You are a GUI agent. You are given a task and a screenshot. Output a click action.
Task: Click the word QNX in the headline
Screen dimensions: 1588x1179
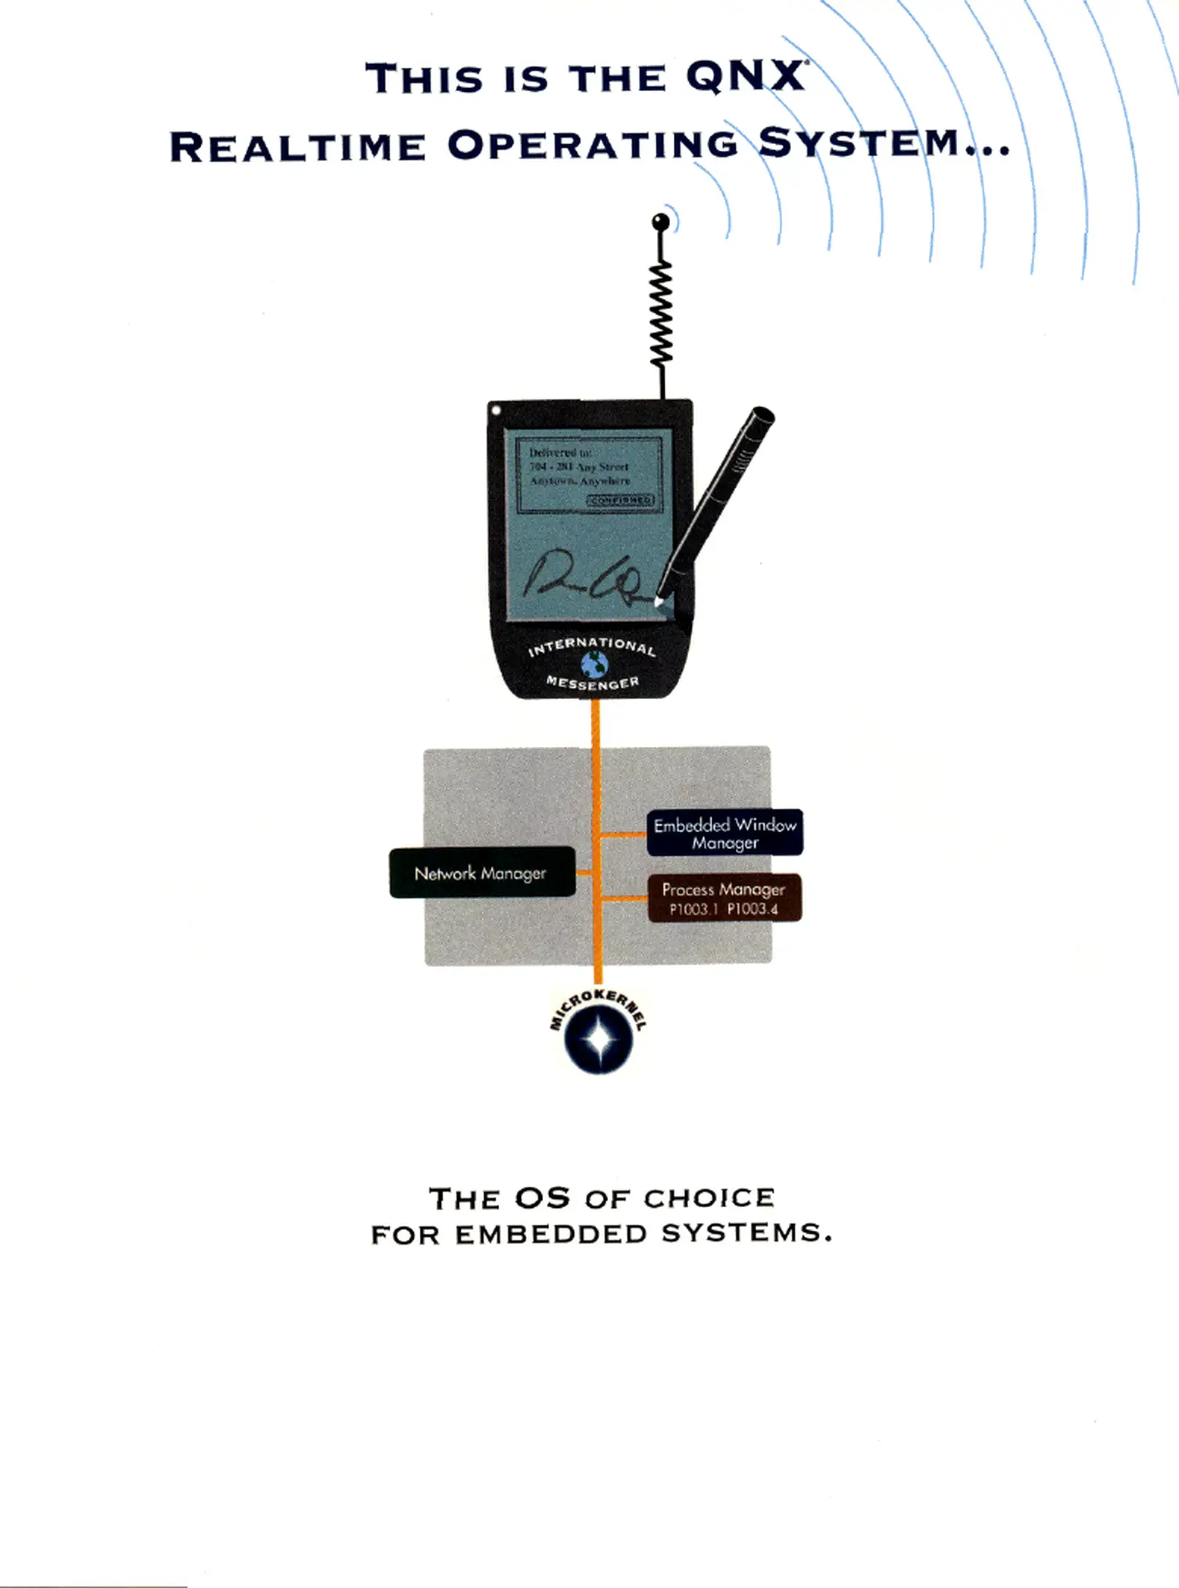click(744, 78)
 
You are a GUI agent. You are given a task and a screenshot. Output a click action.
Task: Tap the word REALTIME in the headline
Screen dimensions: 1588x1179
click(298, 146)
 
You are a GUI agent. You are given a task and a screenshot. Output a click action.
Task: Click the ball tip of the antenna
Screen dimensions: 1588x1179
click(661, 221)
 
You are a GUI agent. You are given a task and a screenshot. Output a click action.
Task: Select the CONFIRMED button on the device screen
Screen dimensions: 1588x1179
click(620, 500)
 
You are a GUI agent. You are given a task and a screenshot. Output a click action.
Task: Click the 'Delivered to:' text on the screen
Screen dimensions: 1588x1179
click(560, 453)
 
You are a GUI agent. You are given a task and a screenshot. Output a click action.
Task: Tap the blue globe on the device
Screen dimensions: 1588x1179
click(595, 665)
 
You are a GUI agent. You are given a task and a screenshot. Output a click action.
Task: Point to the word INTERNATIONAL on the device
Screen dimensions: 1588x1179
click(592, 646)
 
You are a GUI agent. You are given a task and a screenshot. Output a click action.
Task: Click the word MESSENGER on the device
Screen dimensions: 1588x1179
click(592, 683)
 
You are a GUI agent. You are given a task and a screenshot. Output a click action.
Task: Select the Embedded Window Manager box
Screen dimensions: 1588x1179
click(725, 833)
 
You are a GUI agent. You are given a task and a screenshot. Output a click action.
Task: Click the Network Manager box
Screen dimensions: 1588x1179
click(481, 873)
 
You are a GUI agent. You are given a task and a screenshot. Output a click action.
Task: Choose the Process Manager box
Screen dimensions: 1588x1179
click(724, 898)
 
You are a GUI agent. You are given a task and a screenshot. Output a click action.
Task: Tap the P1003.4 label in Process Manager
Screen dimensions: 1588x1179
click(753, 909)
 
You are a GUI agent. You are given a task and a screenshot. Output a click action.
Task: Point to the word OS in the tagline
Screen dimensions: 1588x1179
click(542, 1198)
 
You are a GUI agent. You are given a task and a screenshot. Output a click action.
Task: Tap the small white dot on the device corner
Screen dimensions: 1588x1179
click(497, 409)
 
